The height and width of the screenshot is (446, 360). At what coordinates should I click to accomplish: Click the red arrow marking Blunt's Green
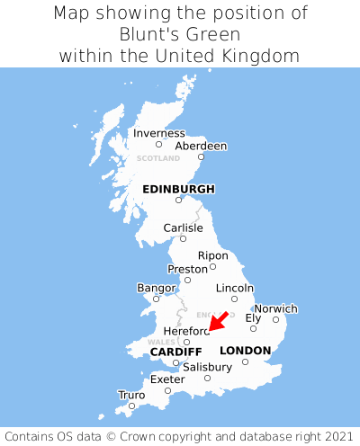[x=218, y=321]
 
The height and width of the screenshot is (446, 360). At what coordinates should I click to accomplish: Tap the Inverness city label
[x=158, y=133]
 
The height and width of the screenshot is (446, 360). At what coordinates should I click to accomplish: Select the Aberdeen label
[x=201, y=146]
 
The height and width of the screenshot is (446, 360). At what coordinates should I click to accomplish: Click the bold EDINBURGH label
[x=178, y=189]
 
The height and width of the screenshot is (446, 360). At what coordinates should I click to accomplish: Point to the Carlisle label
[x=183, y=227]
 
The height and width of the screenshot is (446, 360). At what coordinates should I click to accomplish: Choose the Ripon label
[x=213, y=255]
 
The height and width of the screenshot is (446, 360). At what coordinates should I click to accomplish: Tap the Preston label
[x=188, y=269]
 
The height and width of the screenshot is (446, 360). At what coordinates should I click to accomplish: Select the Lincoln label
[x=235, y=288]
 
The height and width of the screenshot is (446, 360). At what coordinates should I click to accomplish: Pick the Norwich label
[x=275, y=308]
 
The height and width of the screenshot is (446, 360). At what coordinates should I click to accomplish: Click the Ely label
[x=253, y=317]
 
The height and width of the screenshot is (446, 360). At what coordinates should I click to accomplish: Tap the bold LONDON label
[x=245, y=351]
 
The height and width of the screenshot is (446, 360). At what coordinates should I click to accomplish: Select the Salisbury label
[x=207, y=367]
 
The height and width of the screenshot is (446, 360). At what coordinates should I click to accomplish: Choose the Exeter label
[x=167, y=379]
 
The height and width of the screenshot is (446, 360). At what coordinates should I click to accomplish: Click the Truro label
[x=131, y=395]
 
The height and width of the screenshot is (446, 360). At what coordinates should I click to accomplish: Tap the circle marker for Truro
[x=131, y=406]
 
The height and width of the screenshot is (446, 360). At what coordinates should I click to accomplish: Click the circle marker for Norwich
[x=276, y=319]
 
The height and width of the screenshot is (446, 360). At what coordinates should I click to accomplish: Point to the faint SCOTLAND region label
[x=158, y=158]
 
